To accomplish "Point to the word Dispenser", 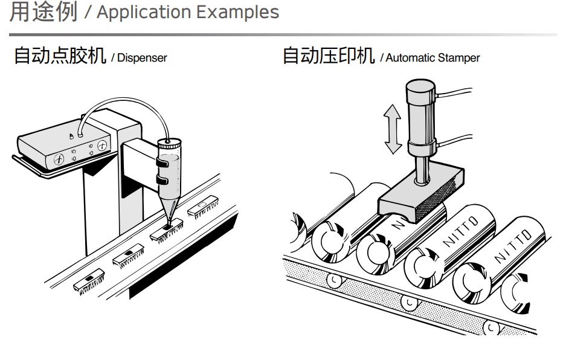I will click(142, 59).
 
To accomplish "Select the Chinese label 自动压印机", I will click(328, 57).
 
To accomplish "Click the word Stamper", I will click(460, 59).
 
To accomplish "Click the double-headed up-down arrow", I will click(393, 128).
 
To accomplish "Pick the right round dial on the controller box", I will click(102, 145).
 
